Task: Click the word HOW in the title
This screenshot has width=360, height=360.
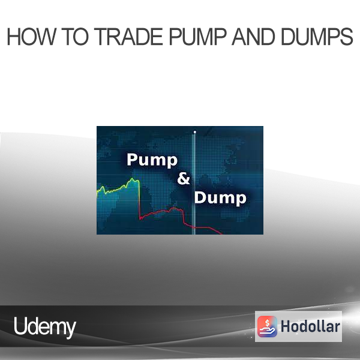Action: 31,37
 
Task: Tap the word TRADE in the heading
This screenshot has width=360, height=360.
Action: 128,37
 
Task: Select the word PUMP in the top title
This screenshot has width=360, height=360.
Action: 197,37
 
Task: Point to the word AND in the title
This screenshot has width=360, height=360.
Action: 253,37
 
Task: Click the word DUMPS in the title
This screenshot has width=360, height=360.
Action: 317,37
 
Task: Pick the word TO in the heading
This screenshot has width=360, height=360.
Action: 75,37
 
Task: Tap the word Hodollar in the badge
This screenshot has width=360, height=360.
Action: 310,326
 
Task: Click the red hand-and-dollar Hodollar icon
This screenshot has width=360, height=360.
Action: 267,326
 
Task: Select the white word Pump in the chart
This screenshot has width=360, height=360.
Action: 152,160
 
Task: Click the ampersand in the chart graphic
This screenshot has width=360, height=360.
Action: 184,178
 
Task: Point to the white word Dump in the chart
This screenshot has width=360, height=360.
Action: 220,198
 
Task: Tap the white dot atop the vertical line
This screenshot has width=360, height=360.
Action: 194,132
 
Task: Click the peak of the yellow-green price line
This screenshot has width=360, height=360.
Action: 132,178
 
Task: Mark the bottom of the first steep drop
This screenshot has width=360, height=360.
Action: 140,219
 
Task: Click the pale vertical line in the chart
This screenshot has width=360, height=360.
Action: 194,184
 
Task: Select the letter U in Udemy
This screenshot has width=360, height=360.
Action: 20,326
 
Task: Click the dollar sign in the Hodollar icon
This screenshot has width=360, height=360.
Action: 267,323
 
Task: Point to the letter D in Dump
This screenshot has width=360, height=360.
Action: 200,197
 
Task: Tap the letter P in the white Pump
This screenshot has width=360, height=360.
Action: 132,159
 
